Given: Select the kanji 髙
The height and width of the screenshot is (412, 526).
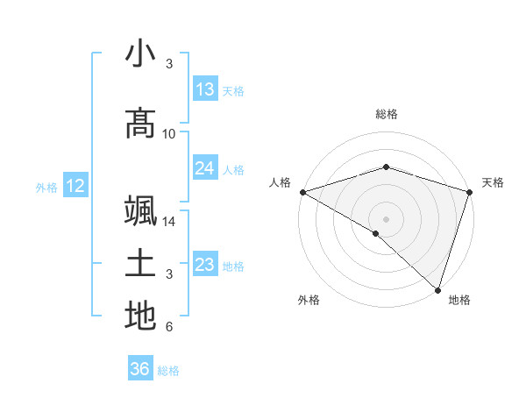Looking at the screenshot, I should coord(140,124).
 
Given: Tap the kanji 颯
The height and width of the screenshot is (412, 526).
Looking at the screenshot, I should coord(140,213).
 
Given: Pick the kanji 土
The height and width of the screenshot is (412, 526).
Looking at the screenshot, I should coord(140,264).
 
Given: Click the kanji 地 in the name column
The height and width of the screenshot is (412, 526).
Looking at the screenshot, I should coord(140,316).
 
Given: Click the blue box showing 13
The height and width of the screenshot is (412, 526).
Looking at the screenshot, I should coord(205,89).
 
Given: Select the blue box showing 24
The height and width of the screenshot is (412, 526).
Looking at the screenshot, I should coord(205,168).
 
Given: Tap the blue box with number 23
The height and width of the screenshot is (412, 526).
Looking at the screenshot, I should coord(205,265).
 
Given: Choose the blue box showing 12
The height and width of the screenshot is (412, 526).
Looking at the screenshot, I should coord(75,186).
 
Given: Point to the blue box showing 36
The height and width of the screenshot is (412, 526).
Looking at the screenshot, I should coord(139,369).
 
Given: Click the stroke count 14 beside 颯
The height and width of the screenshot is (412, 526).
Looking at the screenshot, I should coord(169,222).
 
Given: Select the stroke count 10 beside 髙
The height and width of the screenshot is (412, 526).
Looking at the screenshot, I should coord(169,133).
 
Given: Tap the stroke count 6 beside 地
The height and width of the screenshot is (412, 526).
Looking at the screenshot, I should coord(169,327).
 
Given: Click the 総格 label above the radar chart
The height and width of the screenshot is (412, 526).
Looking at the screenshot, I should coord(386,114).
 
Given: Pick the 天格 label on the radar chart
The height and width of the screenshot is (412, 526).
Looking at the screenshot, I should coord(493,182).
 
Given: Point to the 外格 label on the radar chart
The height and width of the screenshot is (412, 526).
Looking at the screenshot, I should coord(309,301).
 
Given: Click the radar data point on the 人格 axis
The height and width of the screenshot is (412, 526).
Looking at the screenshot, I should coord(302,192).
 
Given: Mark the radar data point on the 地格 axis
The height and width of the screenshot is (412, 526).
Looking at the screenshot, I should coord(437,289).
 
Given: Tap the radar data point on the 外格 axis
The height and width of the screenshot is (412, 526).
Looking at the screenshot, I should coord(376,233).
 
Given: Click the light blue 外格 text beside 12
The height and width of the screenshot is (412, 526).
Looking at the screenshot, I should coord(46,187).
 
